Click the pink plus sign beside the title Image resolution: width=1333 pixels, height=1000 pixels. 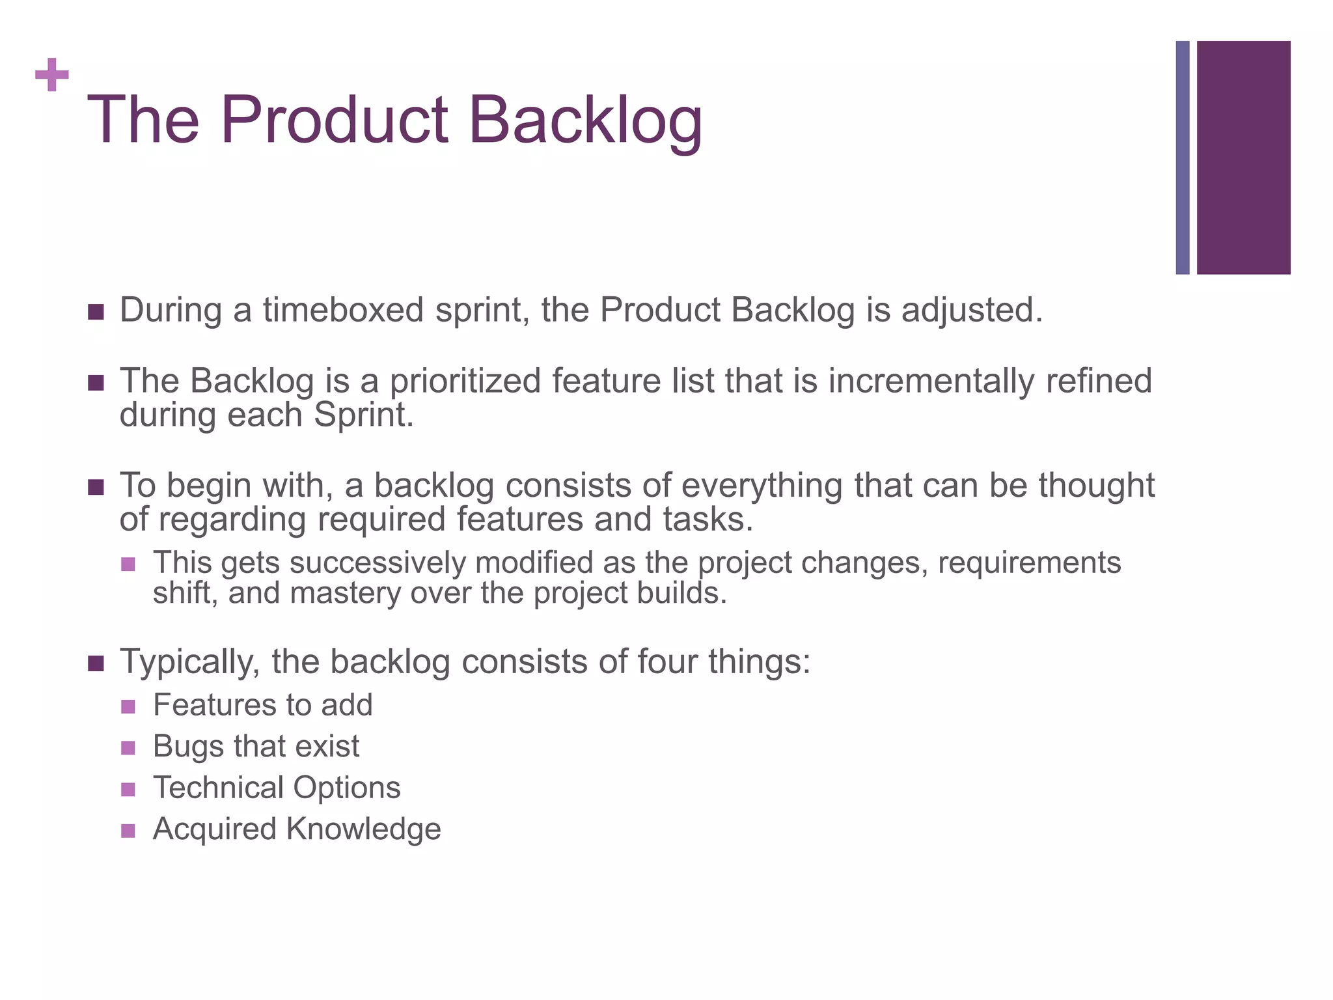52,76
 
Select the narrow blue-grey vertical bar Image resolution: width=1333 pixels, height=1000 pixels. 1183,158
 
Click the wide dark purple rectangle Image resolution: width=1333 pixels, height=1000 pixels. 1243,158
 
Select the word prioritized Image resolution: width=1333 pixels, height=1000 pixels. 465,381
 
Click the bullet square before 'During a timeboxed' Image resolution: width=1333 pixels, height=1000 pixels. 96,312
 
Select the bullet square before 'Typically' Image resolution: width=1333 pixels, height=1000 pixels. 96,664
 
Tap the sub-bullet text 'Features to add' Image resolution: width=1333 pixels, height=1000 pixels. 262,705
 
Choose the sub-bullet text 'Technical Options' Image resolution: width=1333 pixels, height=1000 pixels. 277,788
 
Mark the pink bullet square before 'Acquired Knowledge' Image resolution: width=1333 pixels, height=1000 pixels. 128,831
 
